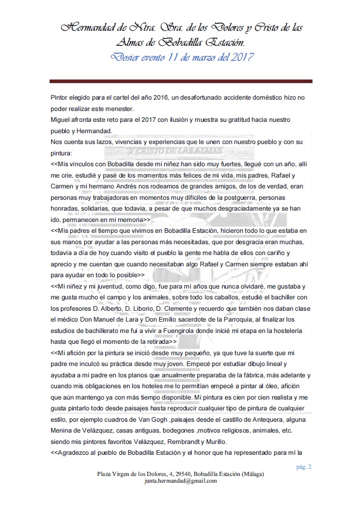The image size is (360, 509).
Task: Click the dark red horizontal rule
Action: click(181, 81)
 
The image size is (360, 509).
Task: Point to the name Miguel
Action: click(61, 120)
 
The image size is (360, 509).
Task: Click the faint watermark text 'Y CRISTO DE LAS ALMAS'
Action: click(176, 151)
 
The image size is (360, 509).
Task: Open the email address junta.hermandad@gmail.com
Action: click(180, 481)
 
